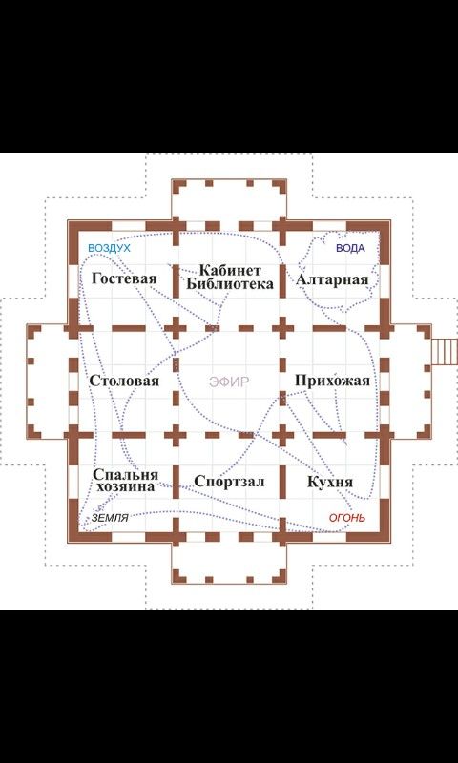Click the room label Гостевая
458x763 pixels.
(x=124, y=278)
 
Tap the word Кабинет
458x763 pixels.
(x=231, y=270)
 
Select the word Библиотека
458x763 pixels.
(x=230, y=283)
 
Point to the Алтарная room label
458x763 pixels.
(x=332, y=279)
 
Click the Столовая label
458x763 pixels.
(x=124, y=381)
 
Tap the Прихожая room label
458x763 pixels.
(x=332, y=381)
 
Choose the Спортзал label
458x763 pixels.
(x=229, y=482)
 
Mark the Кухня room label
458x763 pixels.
(x=330, y=483)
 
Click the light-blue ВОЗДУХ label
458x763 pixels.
(x=110, y=248)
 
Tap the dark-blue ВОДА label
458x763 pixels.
(x=350, y=248)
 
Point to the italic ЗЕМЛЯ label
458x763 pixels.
(x=110, y=519)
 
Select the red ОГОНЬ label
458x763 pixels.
(x=347, y=518)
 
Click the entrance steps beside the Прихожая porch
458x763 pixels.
(x=445, y=351)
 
